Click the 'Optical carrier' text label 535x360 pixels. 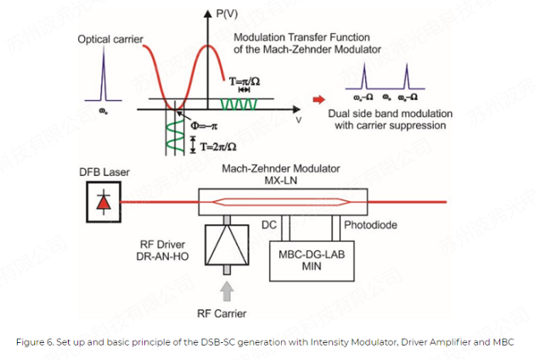pos(110,39)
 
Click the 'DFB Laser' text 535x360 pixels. pos(104,173)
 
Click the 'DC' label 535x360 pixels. pos(267,225)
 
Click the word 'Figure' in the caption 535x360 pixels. pos(31,341)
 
